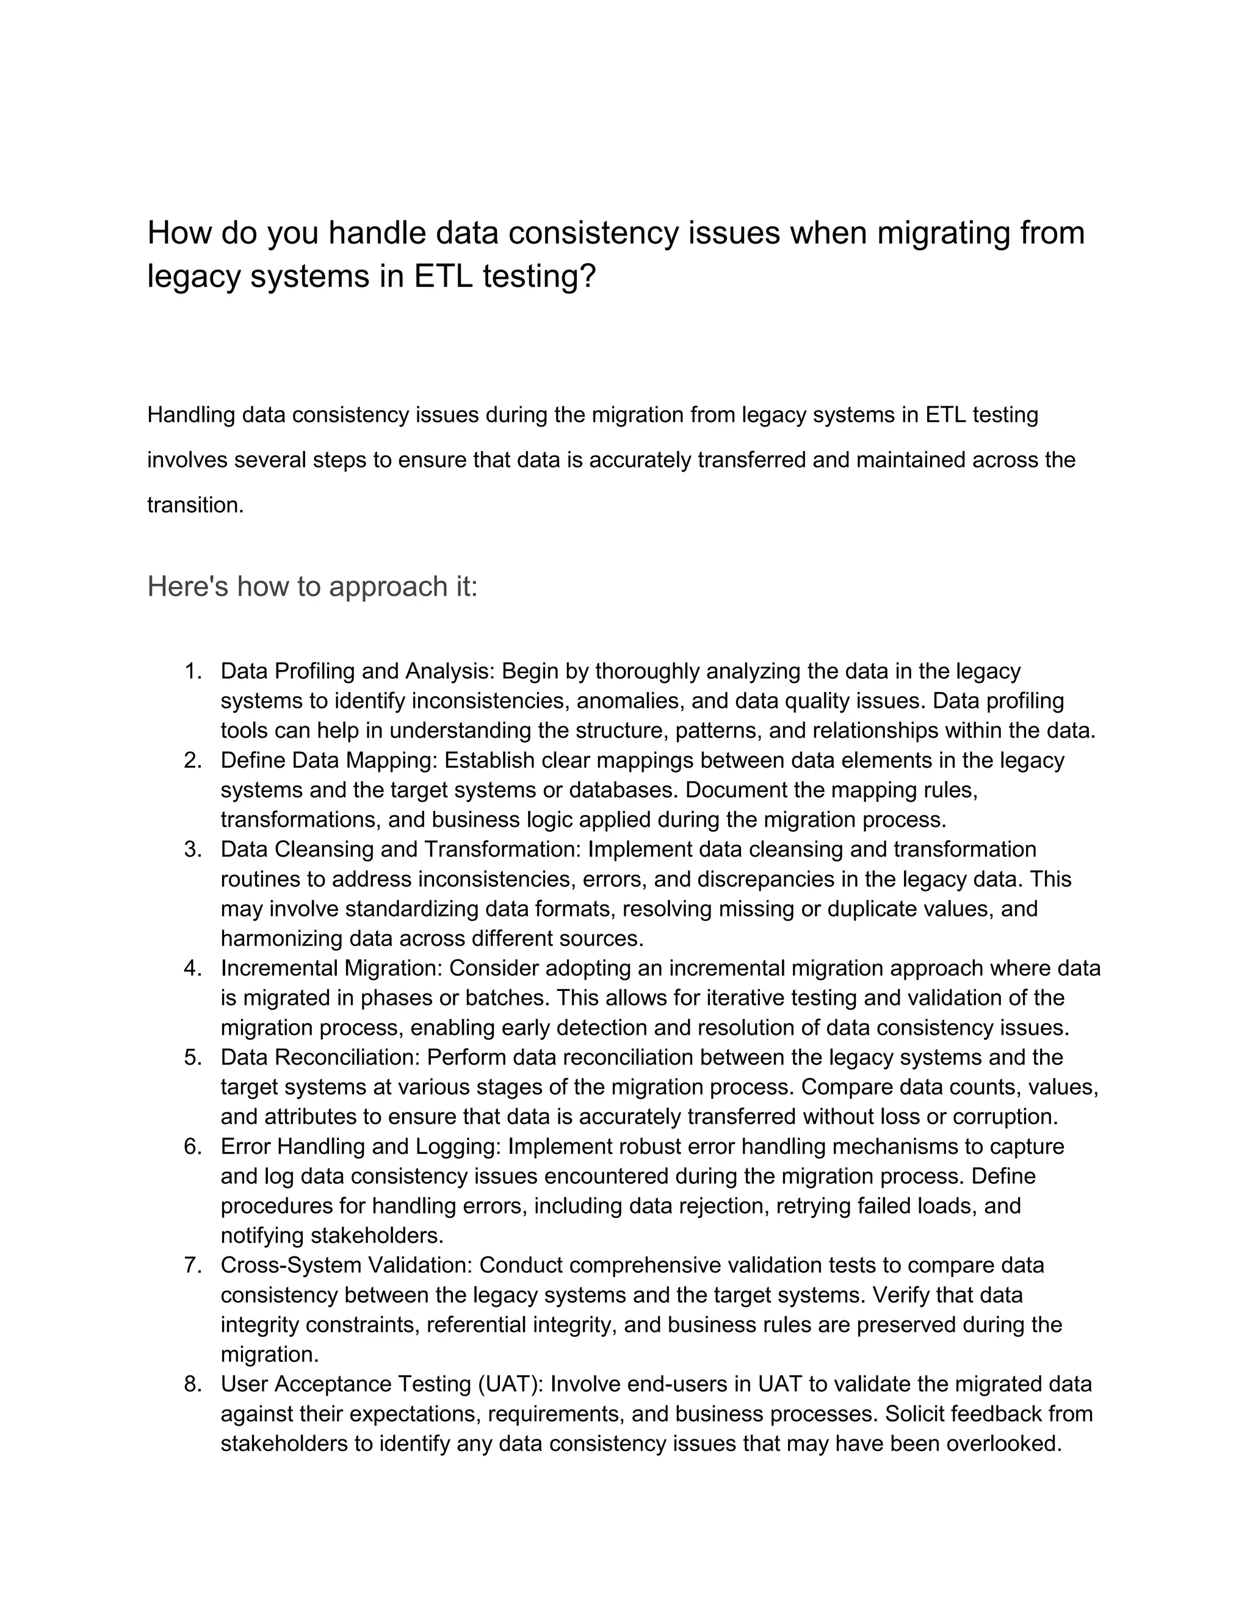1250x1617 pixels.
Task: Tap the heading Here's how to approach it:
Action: click(312, 586)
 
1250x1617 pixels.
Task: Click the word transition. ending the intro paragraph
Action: click(195, 505)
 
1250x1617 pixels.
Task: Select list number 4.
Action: click(193, 968)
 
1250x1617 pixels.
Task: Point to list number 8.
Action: click(193, 1384)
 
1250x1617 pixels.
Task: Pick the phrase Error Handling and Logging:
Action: click(361, 1146)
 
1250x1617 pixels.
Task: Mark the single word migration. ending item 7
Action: click(270, 1354)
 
